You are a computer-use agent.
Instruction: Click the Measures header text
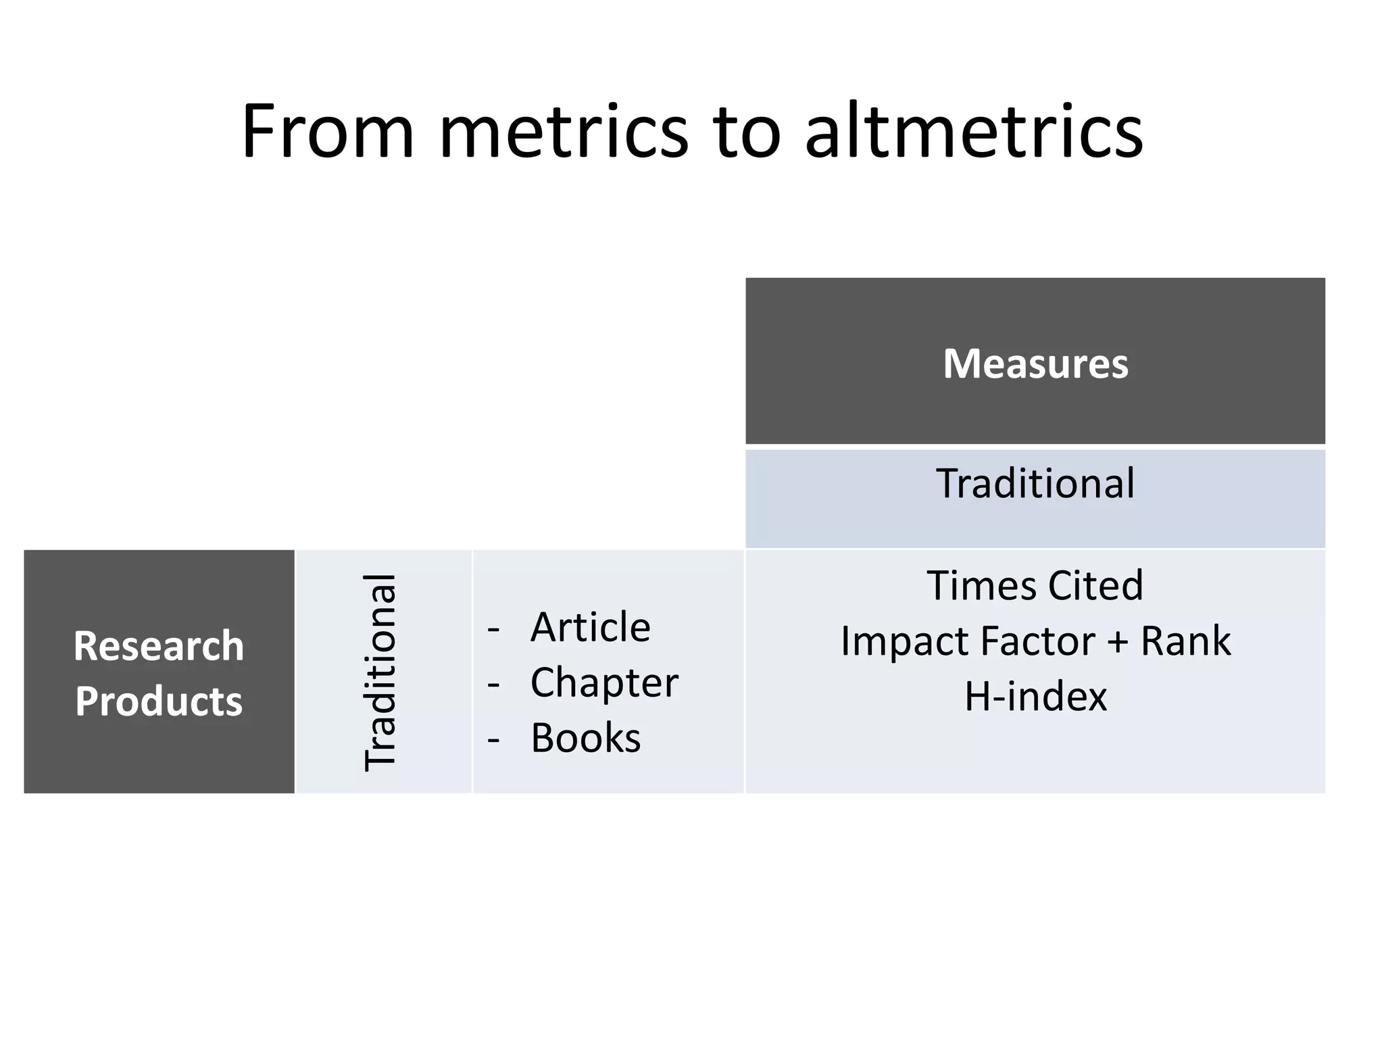point(1035,364)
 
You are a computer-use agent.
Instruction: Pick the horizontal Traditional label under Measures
point(1035,484)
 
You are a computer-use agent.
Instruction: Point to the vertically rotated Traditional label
point(380,672)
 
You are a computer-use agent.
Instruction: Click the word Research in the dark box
point(159,646)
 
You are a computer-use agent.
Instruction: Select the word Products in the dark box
point(159,701)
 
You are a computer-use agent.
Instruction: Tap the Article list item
point(590,627)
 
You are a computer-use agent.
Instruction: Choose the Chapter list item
point(604,683)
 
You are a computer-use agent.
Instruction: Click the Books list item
point(585,738)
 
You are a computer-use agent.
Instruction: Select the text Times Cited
point(1035,585)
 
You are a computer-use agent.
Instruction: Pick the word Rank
point(1186,641)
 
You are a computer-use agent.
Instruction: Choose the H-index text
point(1035,696)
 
